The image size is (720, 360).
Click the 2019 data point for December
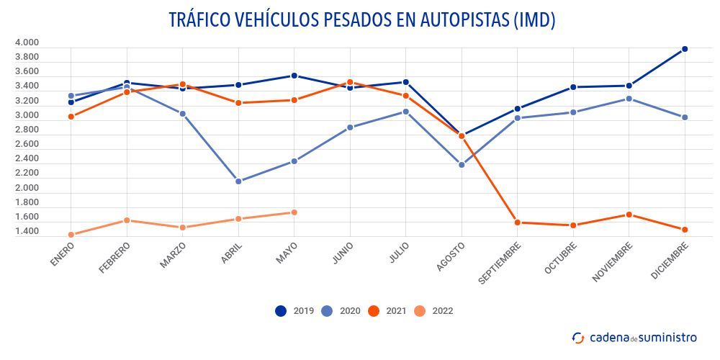pos(685,49)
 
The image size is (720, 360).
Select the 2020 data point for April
pos(238,181)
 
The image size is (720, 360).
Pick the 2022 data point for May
pos(294,212)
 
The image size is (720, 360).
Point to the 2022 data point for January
pos(71,235)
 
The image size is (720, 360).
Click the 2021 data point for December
pos(685,230)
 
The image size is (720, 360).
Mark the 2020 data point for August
pos(462,165)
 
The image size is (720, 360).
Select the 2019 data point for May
pos(294,76)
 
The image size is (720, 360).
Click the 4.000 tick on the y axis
pos(27,42)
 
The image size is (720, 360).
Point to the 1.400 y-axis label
pos(27,232)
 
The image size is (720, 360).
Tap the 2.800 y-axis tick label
pos(27,130)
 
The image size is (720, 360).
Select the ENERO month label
pos(63,253)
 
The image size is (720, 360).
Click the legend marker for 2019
pos(281,311)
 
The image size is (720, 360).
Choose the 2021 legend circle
pos(373,311)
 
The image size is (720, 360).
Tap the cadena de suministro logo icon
pos(578,338)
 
